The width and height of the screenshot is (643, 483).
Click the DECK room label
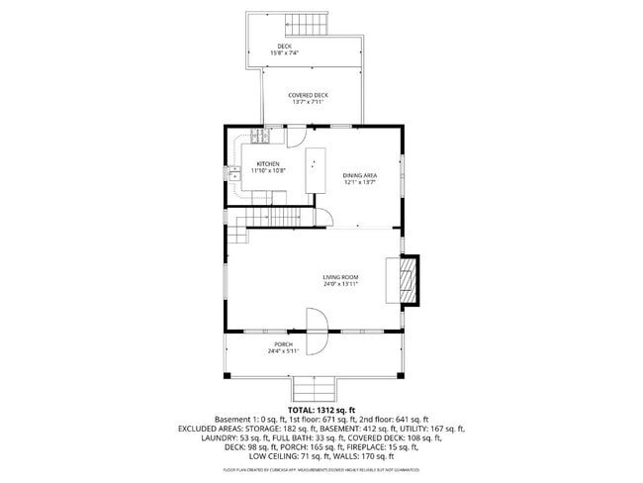[x=285, y=47]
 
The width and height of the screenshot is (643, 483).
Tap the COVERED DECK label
[x=308, y=95]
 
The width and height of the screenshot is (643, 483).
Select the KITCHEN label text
[x=268, y=163]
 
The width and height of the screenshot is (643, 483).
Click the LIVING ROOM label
[x=340, y=277]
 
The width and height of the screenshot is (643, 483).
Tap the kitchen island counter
[x=316, y=171]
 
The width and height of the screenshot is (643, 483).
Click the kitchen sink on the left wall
[x=235, y=174]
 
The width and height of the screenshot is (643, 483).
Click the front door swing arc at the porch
[x=317, y=331]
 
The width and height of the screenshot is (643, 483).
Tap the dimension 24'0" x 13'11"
[x=340, y=284]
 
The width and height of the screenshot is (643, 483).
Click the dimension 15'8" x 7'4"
[x=285, y=53]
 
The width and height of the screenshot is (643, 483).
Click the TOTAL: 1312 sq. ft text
[x=321, y=409]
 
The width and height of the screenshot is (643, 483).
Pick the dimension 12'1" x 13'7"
[x=360, y=183]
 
